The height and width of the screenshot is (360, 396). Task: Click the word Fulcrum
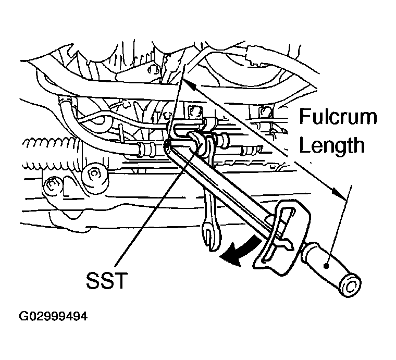click(338, 116)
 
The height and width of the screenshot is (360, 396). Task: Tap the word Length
click(332, 145)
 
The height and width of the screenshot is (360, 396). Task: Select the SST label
click(106, 281)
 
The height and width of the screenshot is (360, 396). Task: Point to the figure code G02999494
click(53, 316)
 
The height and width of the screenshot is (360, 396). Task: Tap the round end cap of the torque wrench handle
click(351, 285)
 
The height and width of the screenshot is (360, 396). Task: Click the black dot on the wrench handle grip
click(326, 266)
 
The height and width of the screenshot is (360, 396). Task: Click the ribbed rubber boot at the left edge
click(51, 154)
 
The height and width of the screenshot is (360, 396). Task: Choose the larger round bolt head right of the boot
click(94, 175)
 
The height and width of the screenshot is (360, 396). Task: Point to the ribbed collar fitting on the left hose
click(146, 150)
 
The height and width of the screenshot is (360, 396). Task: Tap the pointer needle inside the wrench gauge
click(285, 242)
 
